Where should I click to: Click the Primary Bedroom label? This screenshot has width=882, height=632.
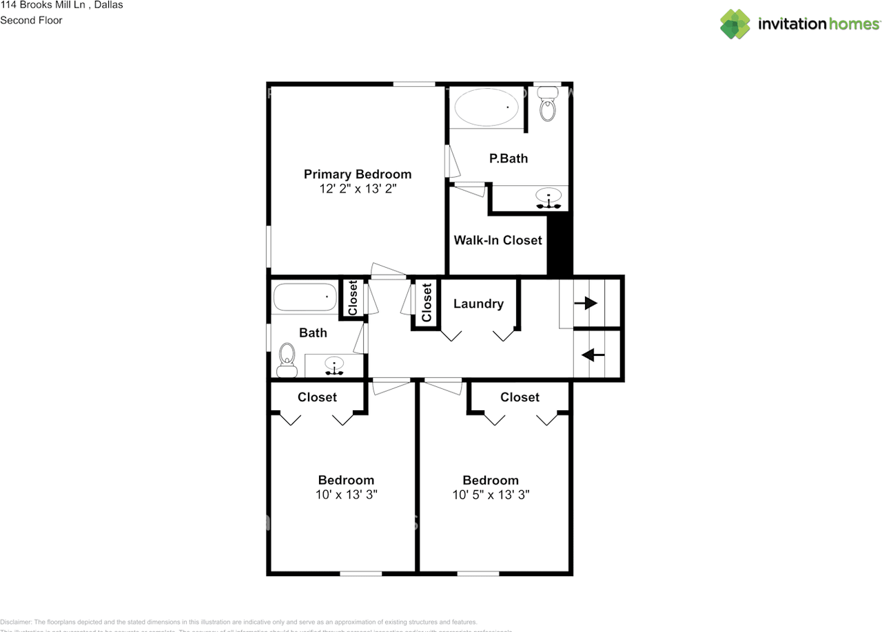pos(358,174)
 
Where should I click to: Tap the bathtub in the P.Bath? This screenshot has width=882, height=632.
pos(486,107)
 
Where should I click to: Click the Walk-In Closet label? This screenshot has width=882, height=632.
pos(498,240)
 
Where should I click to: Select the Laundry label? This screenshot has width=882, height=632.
pos(478,304)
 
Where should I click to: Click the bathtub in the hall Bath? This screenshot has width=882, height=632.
pos(305,298)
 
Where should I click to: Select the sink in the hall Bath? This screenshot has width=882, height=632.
pos(335,366)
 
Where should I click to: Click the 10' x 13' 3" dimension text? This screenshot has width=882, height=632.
pos(346,494)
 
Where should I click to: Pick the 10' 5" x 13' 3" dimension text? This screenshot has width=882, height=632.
pos(491,494)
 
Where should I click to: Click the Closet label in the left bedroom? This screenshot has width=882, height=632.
pos(317,397)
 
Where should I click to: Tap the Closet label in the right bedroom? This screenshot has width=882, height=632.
pos(520,397)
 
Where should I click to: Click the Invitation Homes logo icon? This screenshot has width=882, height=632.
pos(735,24)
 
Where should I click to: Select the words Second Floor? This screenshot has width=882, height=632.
pos(31,20)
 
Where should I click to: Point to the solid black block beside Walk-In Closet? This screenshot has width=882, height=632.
pos(560,245)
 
